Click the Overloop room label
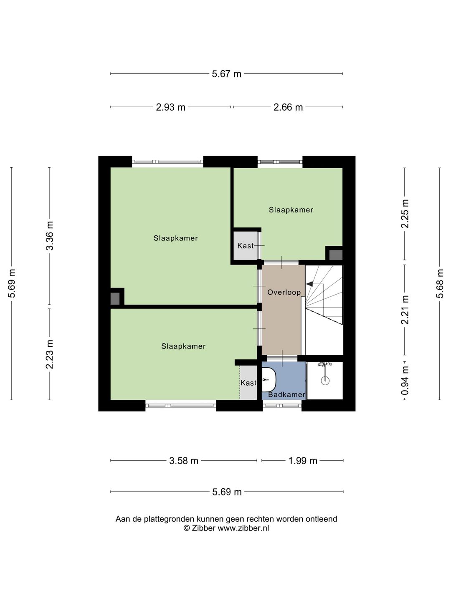(284, 293)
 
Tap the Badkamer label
(287, 394)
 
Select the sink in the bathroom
(269, 380)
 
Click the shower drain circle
(325, 380)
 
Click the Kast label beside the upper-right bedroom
(246, 246)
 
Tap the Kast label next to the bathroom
(248, 382)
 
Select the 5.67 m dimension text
(226, 74)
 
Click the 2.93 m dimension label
(171, 107)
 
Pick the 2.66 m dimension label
(288, 107)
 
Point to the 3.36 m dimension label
(50, 236)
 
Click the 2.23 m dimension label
(50, 354)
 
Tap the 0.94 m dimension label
(405, 381)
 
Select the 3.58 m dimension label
(183, 461)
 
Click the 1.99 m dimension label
(303, 461)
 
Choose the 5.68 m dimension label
(440, 283)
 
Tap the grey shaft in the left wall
(115, 299)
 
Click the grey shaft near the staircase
(336, 255)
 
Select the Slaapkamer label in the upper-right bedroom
(291, 210)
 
